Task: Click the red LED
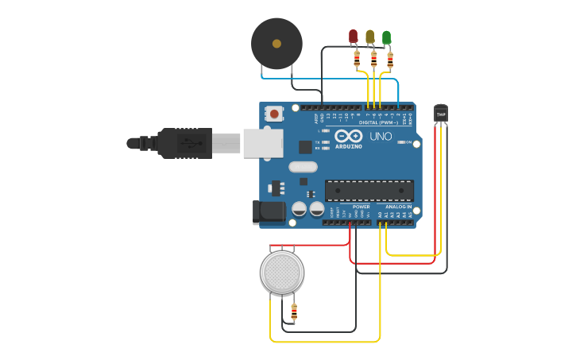click(354, 36)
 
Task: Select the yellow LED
click(370, 36)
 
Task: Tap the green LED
click(387, 37)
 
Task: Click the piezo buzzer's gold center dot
click(276, 44)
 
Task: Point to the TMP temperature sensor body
click(441, 114)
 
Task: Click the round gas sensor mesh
click(282, 273)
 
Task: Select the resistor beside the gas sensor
click(294, 312)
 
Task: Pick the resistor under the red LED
click(357, 59)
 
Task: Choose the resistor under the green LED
click(390, 60)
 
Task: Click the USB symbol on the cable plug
click(187, 144)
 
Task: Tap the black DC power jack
click(269, 211)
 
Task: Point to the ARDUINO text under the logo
click(349, 147)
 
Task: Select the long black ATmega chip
click(369, 191)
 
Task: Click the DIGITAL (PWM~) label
click(379, 122)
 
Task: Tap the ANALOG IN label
click(399, 207)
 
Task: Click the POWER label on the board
click(361, 207)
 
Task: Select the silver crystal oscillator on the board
click(303, 167)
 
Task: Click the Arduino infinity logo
click(349, 136)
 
